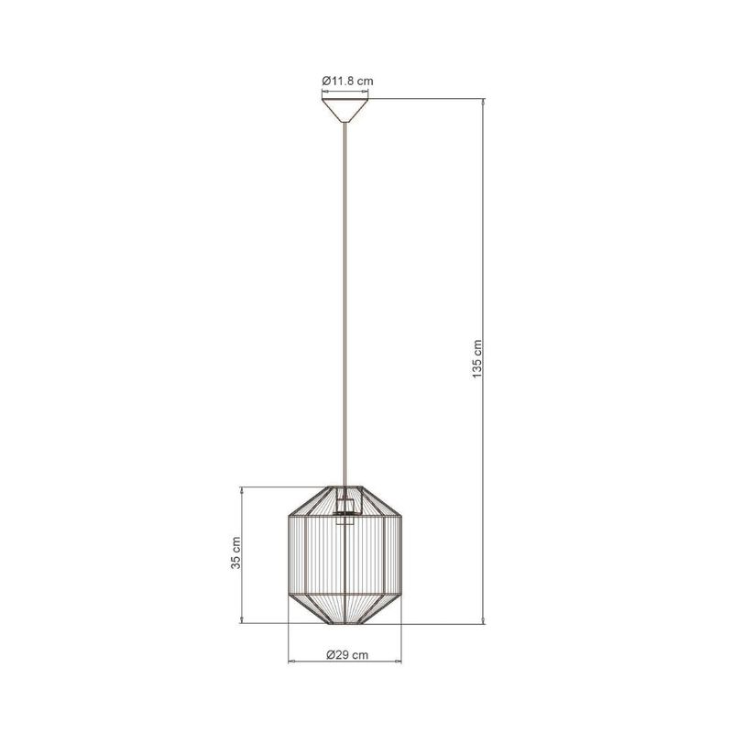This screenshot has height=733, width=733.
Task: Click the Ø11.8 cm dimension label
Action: pos(347,81)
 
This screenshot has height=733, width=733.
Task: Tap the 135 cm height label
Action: pos(476,359)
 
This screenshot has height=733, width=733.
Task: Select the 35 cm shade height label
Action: pos(235,552)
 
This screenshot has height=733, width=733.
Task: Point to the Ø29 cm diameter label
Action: pos(347,655)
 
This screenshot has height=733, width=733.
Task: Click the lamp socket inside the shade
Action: pos(345,509)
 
